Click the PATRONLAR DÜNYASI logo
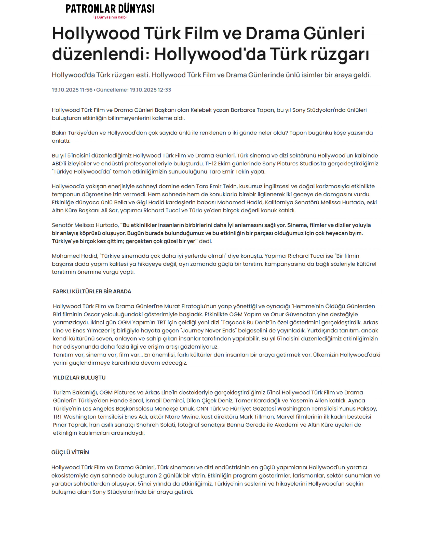[110, 9]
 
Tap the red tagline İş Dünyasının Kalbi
[110, 17]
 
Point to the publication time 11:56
[86, 90]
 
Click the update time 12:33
[164, 90]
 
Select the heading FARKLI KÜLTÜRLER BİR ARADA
[92, 291]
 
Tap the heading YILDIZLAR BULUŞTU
[79, 378]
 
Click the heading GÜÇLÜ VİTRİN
[70, 452]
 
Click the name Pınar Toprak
[70, 425]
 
